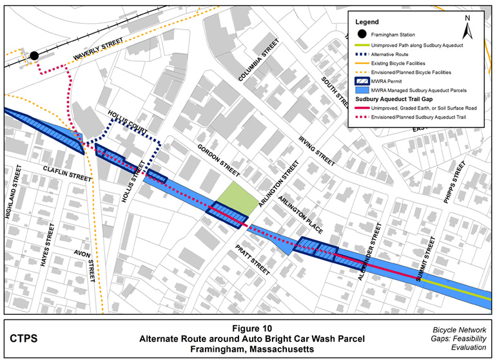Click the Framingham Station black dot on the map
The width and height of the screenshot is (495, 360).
click(34, 55)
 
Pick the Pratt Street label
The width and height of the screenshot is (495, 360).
click(252, 259)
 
